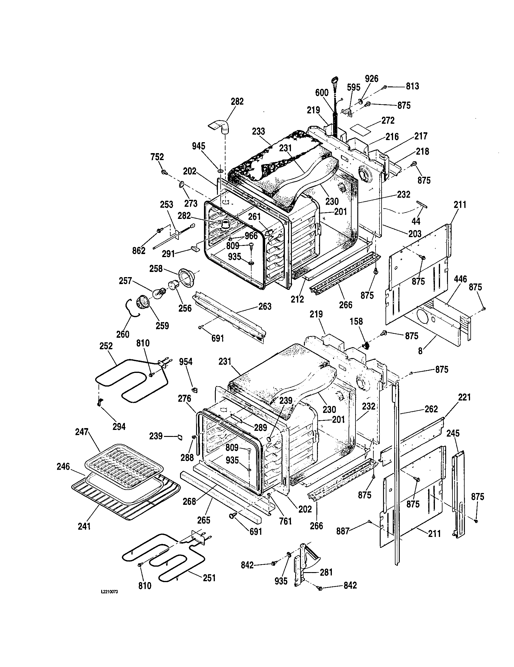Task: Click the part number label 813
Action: coord(412,86)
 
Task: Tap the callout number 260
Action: coord(123,334)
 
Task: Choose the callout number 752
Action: coord(157,157)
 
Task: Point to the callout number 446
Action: coord(460,279)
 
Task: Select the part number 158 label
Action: coord(356,321)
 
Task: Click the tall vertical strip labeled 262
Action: coord(396,473)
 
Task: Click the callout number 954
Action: coord(185,362)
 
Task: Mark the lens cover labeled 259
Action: coord(142,302)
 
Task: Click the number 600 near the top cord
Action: coord(322,92)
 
